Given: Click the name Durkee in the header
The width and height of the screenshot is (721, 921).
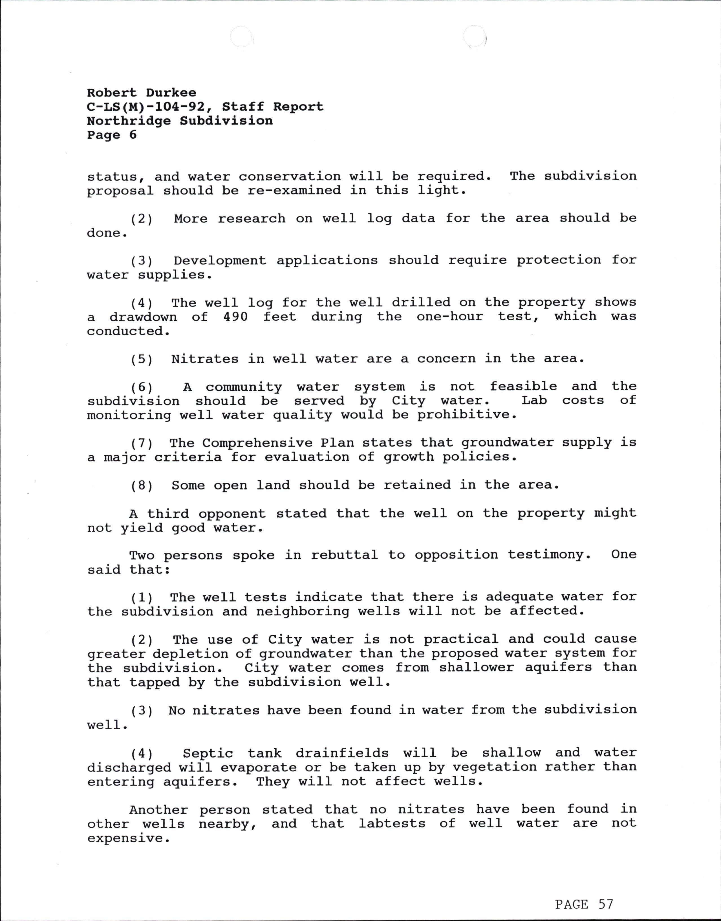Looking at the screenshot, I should tap(171, 93).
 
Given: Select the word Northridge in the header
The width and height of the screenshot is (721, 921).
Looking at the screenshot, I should tap(129, 121).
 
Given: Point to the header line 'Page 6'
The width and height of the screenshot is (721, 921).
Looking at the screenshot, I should tap(112, 135).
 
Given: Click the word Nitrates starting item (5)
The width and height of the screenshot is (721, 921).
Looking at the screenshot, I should tap(205, 359).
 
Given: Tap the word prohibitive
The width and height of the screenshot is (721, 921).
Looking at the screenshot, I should tap(467, 415).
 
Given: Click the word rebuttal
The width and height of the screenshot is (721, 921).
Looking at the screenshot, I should tap(344, 555).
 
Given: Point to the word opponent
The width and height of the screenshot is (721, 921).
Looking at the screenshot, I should tap(232, 514).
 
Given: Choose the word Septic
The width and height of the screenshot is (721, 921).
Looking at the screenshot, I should tap(208, 753).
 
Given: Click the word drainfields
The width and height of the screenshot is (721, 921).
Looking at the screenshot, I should tap(342, 753).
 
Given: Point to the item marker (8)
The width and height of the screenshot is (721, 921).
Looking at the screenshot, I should tap(142, 485).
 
